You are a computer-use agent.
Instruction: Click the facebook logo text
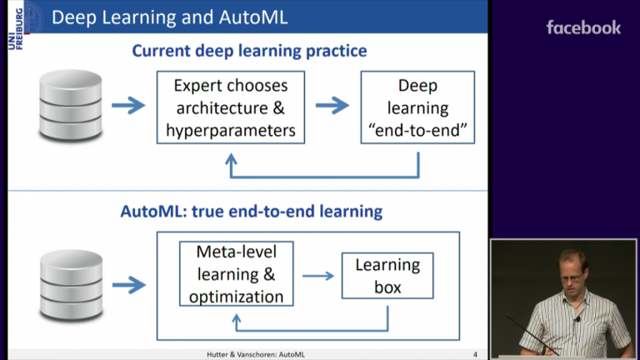(x=583, y=27)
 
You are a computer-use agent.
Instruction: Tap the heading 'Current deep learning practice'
(x=249, y=51)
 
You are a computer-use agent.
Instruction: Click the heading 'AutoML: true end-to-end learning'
(x=251, y=211)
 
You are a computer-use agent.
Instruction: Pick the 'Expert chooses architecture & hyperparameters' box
(x=231, y=107)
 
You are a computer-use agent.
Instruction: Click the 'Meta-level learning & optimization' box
(x=236, y=274)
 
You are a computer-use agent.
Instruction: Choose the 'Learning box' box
(x=387, y=276)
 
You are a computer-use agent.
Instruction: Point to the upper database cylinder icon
(x=71, y=106)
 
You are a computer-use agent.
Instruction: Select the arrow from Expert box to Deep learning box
(x=332, y=105)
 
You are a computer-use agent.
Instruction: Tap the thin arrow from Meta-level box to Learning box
(x=317, y=276)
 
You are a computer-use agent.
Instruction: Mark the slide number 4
(x=475, y=354)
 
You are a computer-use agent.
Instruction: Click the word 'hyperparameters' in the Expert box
(x=231, y=130)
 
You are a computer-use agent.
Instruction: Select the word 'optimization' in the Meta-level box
(x=236, y=296)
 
